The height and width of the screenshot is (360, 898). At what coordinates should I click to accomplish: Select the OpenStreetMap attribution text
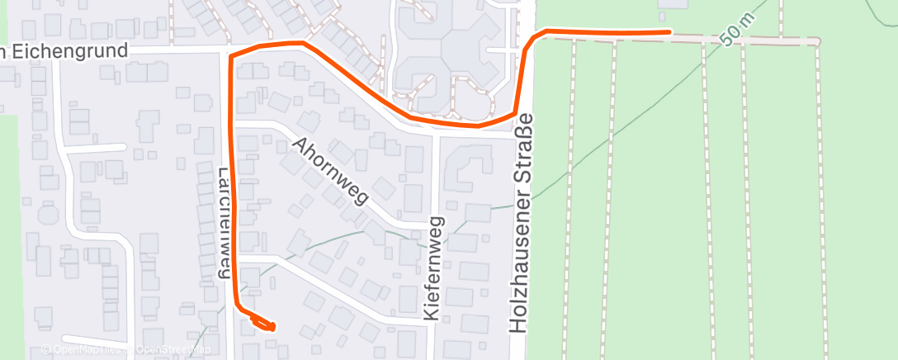click(x=173, y=350)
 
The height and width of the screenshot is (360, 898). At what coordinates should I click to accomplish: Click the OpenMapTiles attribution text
click(x=83, y=350)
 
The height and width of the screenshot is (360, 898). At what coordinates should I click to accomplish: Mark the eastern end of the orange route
click(x=668, y=32)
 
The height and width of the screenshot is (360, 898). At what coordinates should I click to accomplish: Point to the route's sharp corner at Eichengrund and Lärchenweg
click(x=230, y=56)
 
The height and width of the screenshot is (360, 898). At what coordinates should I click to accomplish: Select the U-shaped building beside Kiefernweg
click(x=466, y=167)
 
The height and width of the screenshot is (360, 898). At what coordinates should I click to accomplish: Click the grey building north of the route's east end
click(x=673, y=4)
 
